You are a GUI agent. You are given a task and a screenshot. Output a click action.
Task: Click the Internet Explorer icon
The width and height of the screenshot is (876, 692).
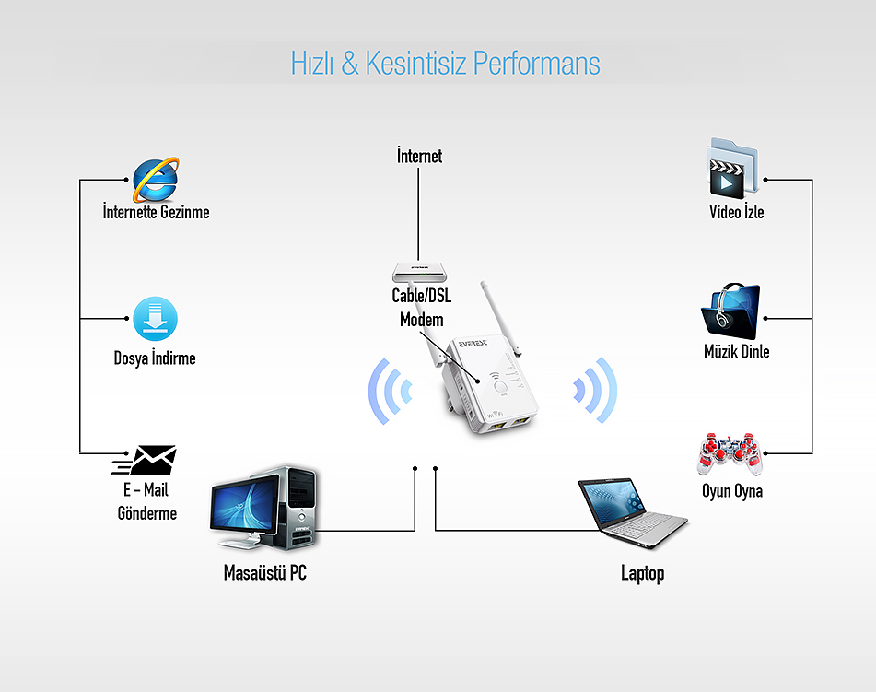point(156,180)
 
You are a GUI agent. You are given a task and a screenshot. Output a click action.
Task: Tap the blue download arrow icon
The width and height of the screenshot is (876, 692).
point(156,319)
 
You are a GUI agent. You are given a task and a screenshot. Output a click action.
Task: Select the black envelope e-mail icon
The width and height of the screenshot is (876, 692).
point(145,460)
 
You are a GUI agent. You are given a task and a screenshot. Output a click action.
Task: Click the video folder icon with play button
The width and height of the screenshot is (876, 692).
point(732,169)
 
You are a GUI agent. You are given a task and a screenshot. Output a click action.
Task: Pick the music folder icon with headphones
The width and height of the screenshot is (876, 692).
point(730,311)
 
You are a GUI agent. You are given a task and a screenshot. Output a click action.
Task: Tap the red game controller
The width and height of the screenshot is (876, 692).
point(729,453)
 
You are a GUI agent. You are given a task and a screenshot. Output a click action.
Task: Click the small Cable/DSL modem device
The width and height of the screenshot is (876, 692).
point(419,272)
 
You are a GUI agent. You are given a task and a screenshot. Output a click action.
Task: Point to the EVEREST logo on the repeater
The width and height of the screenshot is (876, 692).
point(473,343)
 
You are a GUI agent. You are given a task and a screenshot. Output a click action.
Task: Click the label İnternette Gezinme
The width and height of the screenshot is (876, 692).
point(156,212)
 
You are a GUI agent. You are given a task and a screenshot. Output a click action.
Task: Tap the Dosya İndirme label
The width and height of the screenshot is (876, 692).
point(155,358)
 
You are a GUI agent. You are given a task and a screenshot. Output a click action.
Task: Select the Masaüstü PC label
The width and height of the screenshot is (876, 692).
point(264,572)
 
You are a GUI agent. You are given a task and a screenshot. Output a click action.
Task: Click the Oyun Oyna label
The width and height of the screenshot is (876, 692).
point(732,491)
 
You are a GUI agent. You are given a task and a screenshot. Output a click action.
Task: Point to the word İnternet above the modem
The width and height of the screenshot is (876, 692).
point(419,156)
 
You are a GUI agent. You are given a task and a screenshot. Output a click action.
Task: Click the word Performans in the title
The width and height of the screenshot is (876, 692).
point(536,63)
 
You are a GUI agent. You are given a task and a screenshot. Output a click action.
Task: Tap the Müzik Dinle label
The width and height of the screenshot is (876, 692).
point(736,352)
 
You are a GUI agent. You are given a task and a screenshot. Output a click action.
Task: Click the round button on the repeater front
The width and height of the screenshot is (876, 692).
point(500,387)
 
